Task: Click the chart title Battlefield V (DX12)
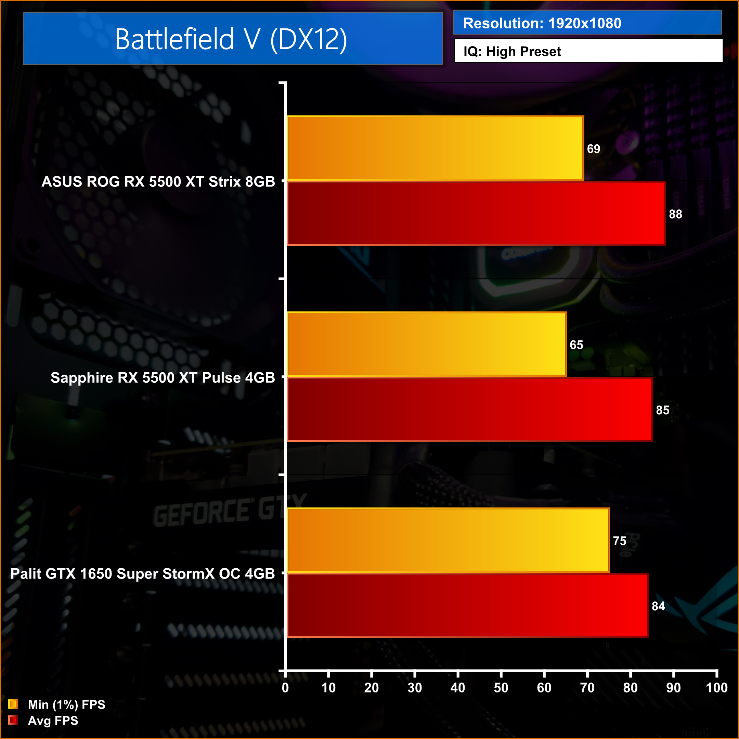pos(231,39)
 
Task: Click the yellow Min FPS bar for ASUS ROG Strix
pos(435,148)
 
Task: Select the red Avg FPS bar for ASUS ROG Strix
pos(476,213)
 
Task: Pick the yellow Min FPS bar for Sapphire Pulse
pos(427,344)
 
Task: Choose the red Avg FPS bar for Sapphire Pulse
pos(470,410)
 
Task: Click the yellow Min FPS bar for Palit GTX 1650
pos(448,540)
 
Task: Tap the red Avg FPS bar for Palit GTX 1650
pos(467,606)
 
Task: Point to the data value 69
pos(593,149)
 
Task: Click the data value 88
pos(675,214)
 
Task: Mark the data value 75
pos(619,541)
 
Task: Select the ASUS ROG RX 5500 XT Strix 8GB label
pos(158,182)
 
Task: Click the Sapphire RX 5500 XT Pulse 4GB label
pos(163,377)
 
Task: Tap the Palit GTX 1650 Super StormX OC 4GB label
pos(142,574)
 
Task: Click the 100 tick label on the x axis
pos(716,688)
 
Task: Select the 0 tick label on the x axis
pos(285,688)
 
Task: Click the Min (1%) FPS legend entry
pos(66,704)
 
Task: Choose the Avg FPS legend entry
pos(52,721)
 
